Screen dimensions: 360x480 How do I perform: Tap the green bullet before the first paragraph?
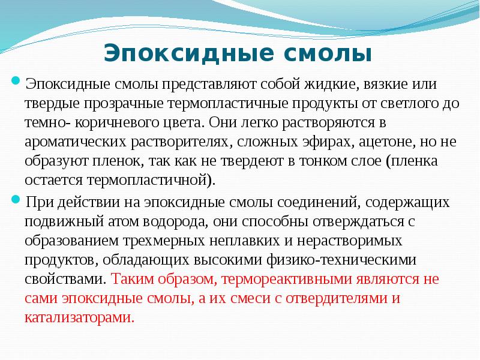pos(19,81)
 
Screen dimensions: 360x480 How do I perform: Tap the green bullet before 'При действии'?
pos(19,198)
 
